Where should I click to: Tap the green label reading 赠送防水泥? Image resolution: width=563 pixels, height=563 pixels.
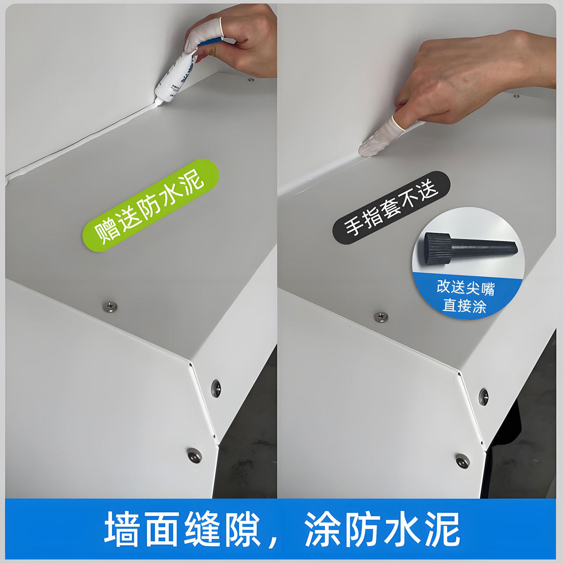(151, 205)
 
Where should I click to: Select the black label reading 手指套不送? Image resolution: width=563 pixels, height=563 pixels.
(391, 207)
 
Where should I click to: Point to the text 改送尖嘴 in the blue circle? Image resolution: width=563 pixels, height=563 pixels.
(466, 287)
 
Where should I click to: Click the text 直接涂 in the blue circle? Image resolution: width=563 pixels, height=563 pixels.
(464, 305)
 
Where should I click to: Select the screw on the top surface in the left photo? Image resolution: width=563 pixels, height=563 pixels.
(110, 307)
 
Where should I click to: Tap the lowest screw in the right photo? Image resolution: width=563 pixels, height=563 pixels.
(463, 461)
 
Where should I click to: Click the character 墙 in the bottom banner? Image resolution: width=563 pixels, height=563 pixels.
(121, 529)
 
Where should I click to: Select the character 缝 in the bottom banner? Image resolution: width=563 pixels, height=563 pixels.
(202, 529)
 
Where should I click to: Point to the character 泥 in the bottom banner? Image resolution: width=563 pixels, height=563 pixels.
(442, 529)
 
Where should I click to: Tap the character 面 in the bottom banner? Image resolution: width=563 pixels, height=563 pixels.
(161, 529)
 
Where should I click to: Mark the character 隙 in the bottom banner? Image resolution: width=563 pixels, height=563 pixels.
(242, 529)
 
